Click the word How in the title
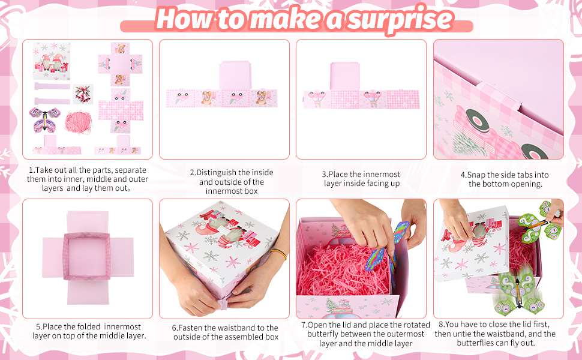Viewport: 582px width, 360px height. tap(185, 18)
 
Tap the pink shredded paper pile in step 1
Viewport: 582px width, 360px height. tap(78, 123)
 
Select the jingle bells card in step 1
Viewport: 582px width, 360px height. tap(83, 94)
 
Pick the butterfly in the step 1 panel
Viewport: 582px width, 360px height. tap(44, 120)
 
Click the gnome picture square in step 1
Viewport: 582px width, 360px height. tap(52, 61)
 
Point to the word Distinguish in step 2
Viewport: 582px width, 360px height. tap(216, 173)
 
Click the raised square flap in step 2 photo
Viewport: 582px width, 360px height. tap(235, 76)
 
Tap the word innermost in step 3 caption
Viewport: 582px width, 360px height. tap(382, 175)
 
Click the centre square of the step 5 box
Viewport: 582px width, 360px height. tap(87, 256)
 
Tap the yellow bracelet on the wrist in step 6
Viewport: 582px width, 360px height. tap(278, 254)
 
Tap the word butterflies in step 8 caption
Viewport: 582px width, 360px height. tap(475, 343)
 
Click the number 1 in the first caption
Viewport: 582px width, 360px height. tap(31, 170)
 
